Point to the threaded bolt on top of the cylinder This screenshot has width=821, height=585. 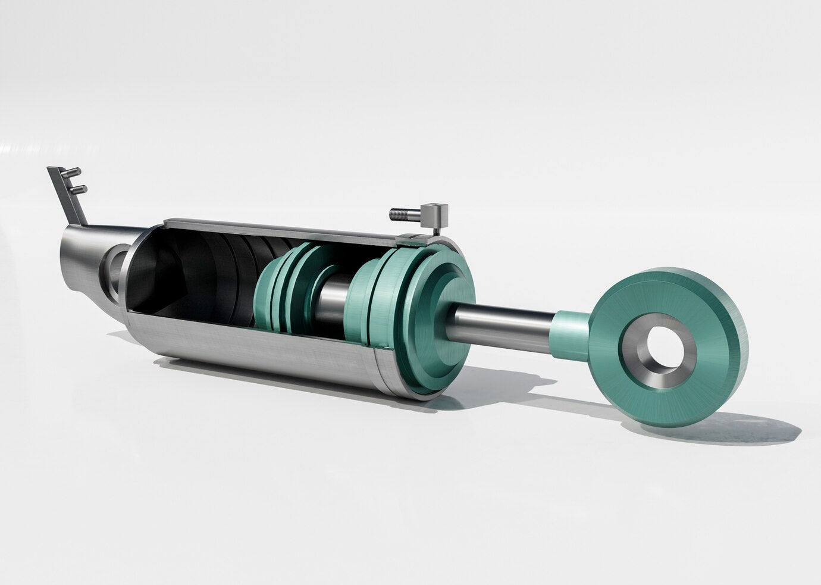(x=403, y=213)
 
